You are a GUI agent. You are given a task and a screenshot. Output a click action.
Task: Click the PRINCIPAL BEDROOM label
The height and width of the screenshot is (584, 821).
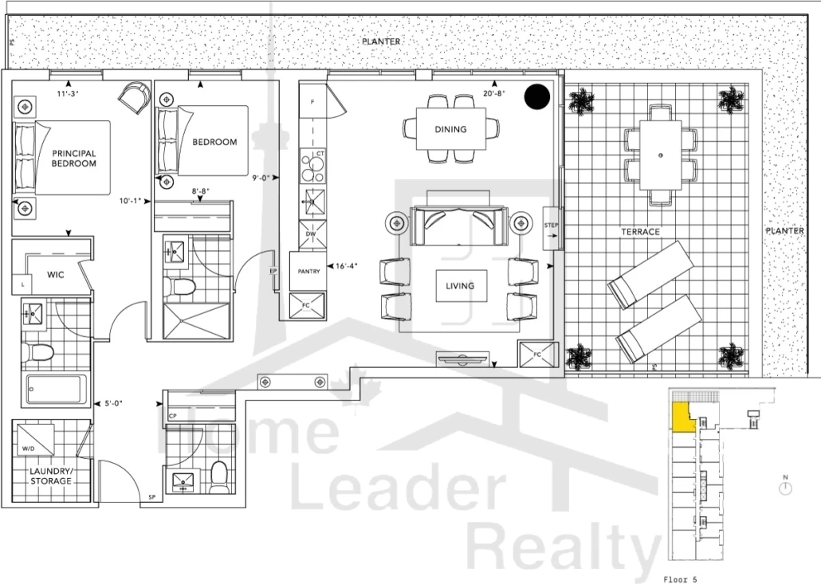point(74,158)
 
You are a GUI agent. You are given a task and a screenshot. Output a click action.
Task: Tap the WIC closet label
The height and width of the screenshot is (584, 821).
point(56,275)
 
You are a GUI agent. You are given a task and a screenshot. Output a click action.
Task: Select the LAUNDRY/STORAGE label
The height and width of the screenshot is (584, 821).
point(51,476)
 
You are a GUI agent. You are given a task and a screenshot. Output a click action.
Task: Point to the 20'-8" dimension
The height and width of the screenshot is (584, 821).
point(494,93)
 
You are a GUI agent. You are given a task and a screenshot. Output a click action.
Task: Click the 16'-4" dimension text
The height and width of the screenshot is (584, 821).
point(347,266)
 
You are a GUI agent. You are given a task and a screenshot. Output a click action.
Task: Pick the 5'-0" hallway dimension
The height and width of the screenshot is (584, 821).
point(113,403)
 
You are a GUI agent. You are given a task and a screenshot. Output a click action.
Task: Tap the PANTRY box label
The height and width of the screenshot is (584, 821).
point(308,271)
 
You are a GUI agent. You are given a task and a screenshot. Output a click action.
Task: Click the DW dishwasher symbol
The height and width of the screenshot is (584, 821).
point(312,233)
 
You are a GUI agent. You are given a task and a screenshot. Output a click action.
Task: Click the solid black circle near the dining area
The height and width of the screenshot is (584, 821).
point(537,97)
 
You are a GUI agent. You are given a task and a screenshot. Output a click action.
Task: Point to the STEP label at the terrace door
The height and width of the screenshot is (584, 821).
point(552,225)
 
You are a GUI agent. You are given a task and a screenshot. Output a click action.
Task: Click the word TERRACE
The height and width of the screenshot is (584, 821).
point(640,232)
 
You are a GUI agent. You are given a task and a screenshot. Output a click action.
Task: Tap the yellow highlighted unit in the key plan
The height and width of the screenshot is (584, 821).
point(682,417)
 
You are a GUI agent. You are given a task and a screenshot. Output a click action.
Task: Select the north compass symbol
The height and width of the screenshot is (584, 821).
point(785,488)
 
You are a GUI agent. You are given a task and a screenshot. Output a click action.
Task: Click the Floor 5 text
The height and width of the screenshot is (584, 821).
point(680,579)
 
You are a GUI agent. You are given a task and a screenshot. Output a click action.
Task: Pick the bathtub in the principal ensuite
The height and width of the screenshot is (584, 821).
point(54,389)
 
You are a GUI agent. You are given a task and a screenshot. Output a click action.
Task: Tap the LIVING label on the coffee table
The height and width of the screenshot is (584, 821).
point(460,286)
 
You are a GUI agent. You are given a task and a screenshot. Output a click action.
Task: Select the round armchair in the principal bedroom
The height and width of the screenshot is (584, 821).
point(135,97)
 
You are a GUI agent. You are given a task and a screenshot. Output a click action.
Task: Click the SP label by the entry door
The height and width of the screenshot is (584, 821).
point(151,497)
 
